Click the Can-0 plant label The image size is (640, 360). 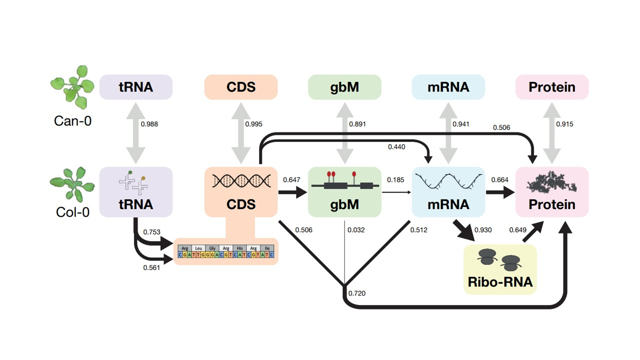click(x=73, y=120)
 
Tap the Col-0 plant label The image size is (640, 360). click(x=73, y=212)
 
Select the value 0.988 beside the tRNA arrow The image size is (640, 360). click(x=149, y=124)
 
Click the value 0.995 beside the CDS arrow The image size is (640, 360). click(x=253, y=124)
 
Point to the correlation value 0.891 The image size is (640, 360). click(x=357, y=124)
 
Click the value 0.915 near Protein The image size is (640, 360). click(x=565, y=124)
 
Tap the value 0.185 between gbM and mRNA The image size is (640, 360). click(x=395, y=179)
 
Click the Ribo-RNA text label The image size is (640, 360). click(x=500, y=282)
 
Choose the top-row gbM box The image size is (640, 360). click(x=344, y=87)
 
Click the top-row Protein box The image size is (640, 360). click(x=552, y=87)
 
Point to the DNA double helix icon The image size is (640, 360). click(x=241, y=180)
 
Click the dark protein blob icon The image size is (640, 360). click(x=552, y=183)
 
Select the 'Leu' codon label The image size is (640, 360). click(x=199, y=247)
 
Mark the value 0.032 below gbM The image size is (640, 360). click(x=355, y=230)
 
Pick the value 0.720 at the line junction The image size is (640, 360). click(x=356, y=293)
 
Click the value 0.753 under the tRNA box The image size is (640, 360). click(x=152, y=232)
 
